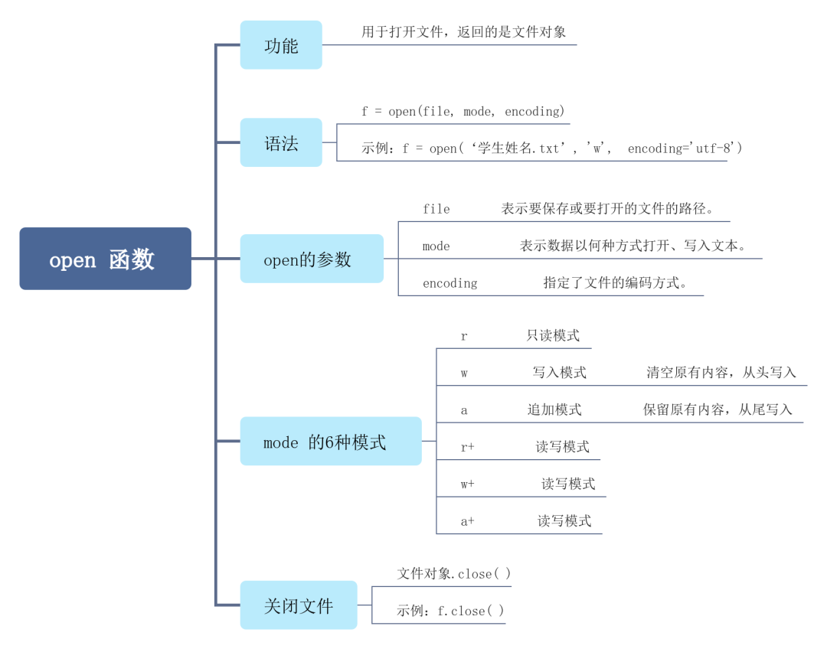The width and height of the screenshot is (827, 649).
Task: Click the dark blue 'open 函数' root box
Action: [x=105, y=259]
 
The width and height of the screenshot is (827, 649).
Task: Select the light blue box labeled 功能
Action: [x=281, y=45]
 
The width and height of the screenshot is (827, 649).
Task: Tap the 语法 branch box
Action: [x=281, y=142]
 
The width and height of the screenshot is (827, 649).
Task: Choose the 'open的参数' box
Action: [x=311, y=259]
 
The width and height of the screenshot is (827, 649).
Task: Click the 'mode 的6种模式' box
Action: [x=330, y=441]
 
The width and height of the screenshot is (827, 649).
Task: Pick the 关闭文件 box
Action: [x=298, y=605]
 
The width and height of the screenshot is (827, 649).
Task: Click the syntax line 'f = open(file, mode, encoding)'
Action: [x=463, y=112]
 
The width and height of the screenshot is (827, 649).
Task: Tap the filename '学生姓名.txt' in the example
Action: [x=518, y=148]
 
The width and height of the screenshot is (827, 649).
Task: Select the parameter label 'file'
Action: [x=436, y=209]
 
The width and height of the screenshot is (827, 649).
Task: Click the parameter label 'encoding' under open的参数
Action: [x=449, y=283]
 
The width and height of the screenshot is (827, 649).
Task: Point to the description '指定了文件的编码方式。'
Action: [x=615, y=283]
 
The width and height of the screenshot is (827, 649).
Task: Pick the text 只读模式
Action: [x=553, y=335]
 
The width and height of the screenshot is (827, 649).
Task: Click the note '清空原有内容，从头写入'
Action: [x=721, y=373]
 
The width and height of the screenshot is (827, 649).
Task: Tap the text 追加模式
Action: [x=554, y=410]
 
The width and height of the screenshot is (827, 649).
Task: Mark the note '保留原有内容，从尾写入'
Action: [x=717, y=410]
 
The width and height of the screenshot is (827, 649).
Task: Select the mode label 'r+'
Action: [x=467, y=447]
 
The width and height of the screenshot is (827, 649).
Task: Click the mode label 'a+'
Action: [x=467, y=521]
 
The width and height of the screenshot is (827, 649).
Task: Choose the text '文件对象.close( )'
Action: [x=453, y=574]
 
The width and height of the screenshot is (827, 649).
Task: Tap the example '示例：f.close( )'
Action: [x=450, y=611]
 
